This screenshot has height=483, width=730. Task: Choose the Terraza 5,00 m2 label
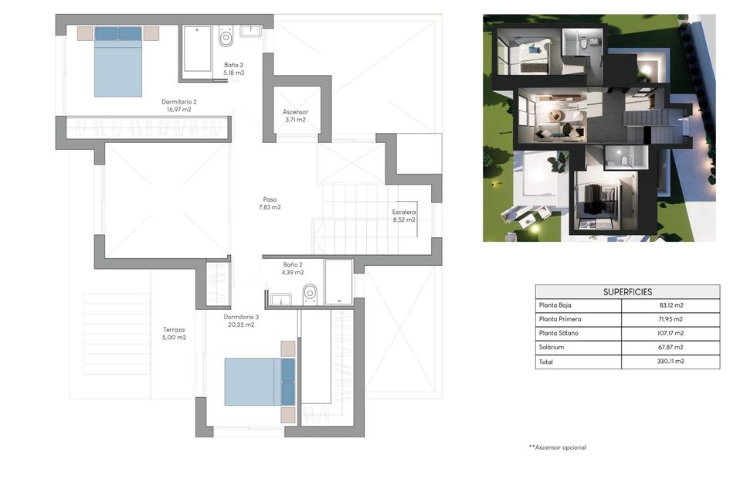click(175, 333)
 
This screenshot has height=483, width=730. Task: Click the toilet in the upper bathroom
click(226, 36)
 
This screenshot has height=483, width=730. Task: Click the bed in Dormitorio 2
click(118, 62)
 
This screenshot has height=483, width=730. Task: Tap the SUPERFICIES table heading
click(627, 292)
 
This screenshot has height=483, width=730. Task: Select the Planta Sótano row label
click(559, 333)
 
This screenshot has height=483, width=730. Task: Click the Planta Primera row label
click(560, 319)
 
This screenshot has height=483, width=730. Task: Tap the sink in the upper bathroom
click(250, 32)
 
